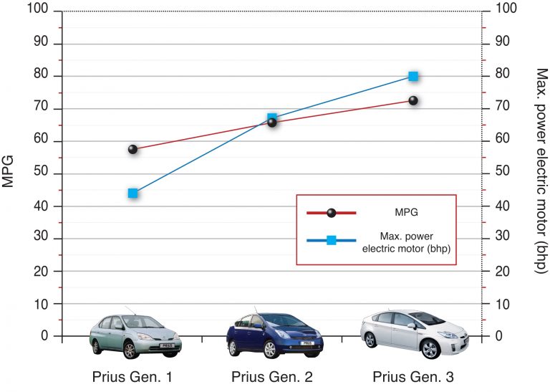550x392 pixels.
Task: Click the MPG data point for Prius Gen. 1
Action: pyautogui.click(x=132, y=149)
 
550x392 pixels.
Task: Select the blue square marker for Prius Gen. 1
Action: pyautogui.click(x=132, y=193)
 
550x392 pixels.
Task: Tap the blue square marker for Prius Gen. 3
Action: pyautogui.click(x=413, y=76)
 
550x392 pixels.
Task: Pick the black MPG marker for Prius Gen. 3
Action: pyautogui.click(x=413, y=100)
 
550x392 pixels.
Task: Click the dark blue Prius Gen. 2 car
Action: pyautogui.click(x=271, y=334)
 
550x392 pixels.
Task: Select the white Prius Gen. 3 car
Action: pyautogui.click(x=410, y=333)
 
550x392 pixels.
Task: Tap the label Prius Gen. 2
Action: pyautogui.click(x=273, y=376)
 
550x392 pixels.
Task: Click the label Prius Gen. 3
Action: pyautogui.click(x=413, y=376)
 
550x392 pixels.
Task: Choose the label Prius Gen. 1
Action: pyautogui.click(x=132, y=376)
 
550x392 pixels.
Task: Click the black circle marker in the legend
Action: pyautogui.click(x=331, y=213)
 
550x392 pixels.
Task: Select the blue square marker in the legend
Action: pyautogui.click(x=331, y=241)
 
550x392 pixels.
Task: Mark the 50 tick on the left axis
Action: pyautogui.click(x=42, y=174)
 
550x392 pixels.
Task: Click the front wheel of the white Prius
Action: pyautogui.click(x=430, y=349)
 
